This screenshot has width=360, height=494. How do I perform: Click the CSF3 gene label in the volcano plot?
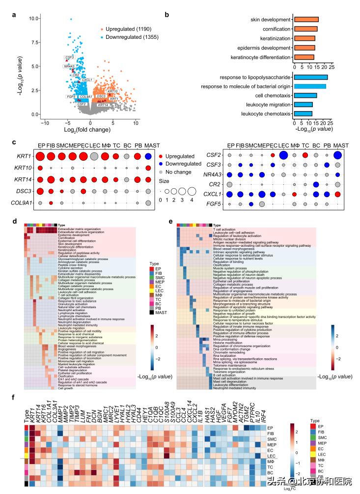pyautogui.click(x=69, y=58)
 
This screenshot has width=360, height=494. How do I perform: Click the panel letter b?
pyautogui.click(x=167, y=14)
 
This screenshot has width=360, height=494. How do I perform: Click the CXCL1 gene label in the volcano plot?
pyautogui.click(x=86, y=80)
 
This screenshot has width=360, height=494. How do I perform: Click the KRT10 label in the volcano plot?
pyautogui.click(x=113, y=91)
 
